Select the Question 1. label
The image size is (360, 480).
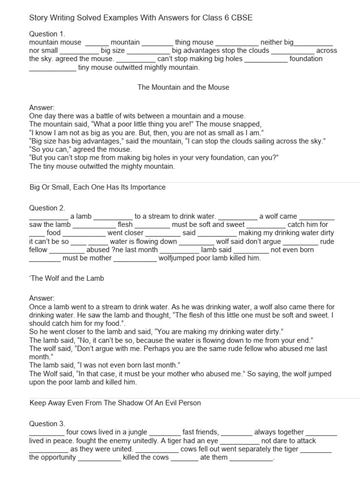pyautogui.click(x=47, y=34)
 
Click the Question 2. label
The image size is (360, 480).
pyautogui.click(x=47, y=208)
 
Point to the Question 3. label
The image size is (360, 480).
pyautogui.click(x=47, y=424)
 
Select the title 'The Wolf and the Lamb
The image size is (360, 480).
pyautogui.click(x=67, y=278)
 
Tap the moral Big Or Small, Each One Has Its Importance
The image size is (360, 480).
pyautogui.click(x=97, y=187)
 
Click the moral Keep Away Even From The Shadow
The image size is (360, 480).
pyautogui.click(x=115, y=403)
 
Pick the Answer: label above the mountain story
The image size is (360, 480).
pyautogui.click(x=42, y=107)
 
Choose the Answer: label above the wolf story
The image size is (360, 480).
pyautogui.click(x=42, y=298)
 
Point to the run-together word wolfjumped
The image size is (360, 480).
pyautogui.click(x=177, y=258)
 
